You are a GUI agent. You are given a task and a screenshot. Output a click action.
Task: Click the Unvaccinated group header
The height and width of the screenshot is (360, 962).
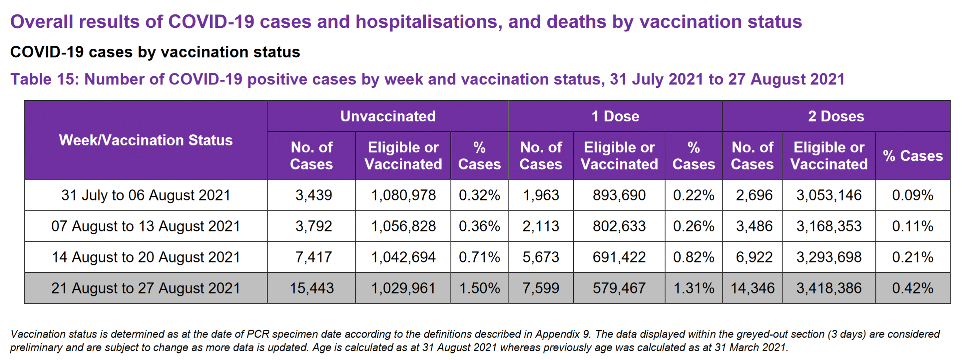387,116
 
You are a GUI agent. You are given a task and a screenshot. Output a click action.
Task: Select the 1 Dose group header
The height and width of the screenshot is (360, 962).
615,116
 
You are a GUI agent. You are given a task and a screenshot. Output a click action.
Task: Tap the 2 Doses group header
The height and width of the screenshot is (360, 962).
836,116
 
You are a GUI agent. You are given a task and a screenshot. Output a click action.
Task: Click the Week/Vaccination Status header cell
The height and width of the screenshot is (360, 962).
146,140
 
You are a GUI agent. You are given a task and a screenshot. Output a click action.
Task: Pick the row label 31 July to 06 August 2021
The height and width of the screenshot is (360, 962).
146,195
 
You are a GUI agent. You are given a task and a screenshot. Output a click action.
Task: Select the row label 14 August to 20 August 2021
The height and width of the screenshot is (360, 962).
146,257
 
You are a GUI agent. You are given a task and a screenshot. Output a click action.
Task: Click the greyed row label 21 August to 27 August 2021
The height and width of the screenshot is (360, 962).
146,288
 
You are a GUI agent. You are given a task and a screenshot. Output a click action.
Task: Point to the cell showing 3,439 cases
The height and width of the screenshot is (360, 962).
313,195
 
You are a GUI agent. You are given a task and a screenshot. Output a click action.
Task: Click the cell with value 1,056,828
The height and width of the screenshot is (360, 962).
403,226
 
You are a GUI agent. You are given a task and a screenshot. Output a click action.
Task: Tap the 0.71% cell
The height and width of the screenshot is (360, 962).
479,257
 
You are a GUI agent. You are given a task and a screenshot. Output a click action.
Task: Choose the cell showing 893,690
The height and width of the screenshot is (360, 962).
619,195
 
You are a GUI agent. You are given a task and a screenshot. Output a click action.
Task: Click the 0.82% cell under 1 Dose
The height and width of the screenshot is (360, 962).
693,257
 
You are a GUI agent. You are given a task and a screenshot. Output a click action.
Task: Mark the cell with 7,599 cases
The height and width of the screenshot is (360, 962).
540,288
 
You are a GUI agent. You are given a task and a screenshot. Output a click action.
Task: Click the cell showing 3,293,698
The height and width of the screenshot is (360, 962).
829,257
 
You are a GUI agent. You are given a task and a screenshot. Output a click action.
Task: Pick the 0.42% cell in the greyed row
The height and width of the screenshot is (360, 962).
912,288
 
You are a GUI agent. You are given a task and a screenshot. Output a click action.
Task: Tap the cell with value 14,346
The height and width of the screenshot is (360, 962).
752,288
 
